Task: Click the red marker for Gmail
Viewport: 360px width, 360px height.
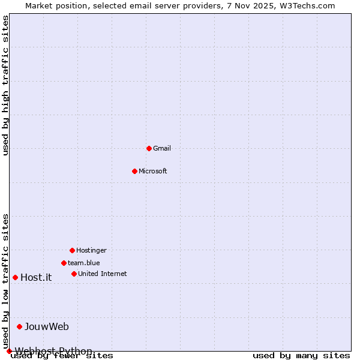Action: (x=149, y=148)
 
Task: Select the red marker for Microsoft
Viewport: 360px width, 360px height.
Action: (x=134, y=171)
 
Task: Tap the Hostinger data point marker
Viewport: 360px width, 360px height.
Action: (x=72, y=250)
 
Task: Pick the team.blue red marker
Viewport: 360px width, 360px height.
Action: (x=64, y=263)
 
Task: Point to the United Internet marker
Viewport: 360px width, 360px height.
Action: (x=74, y=274)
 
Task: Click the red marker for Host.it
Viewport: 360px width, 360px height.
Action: (x=15, y=277)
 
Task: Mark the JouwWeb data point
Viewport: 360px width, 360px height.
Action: (x=19, y=326)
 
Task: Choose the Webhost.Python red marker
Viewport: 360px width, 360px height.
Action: (x=9, y=351)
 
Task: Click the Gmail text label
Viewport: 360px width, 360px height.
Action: (x=162, y=148)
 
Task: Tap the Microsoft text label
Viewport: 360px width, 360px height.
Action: (x=153, y=171)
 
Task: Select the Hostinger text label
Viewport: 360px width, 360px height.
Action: (x=91, y=250)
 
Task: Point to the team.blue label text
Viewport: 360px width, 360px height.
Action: (x=84, y=263)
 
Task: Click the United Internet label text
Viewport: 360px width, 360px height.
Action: (x=103, y=274)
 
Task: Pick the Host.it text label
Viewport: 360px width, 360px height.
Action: (x=36, y=277)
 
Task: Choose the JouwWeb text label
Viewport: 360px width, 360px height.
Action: (x=47, y=326)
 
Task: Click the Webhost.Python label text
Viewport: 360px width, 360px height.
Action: (x=53, y=351)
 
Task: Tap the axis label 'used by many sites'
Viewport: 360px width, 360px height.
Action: (x=301, y=356)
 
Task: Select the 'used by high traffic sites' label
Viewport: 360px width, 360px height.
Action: (x=5, y=85)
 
